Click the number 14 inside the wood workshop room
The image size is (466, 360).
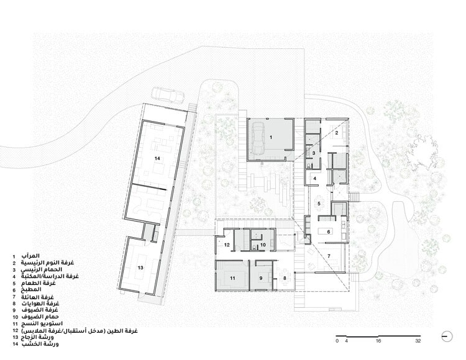[158, 158]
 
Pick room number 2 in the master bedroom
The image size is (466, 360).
[336, 133]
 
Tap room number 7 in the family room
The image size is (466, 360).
[329, 256]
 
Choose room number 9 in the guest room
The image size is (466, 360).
[261, 278]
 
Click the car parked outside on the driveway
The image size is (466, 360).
[167, 95]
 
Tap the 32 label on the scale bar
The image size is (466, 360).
[418, 341]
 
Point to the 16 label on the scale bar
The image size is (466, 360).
[378, 341]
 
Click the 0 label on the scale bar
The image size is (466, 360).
[337, 341]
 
